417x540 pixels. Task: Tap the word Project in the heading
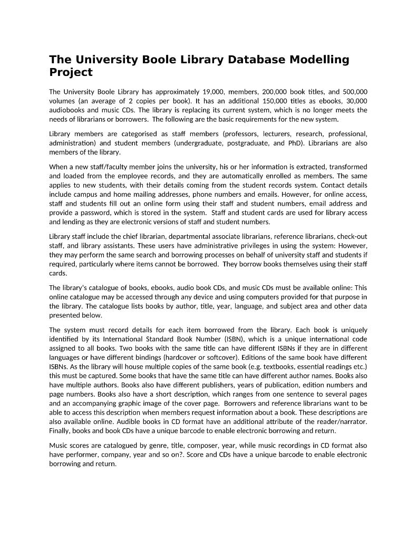[x=71, y=72]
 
